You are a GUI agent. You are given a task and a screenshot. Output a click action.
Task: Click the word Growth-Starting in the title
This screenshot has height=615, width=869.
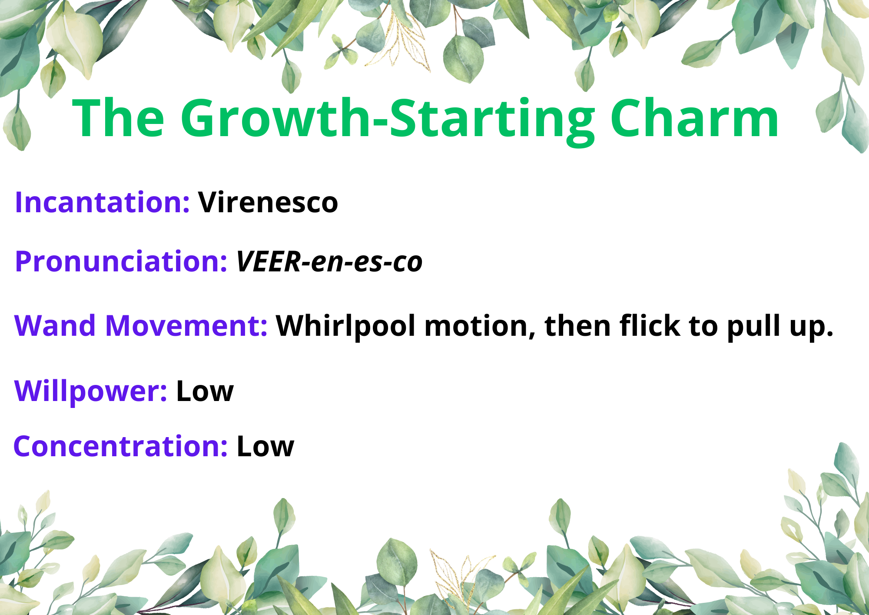click(x=388, y=120)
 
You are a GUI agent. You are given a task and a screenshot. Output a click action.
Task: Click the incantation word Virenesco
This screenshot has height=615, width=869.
click(x=268, y=203)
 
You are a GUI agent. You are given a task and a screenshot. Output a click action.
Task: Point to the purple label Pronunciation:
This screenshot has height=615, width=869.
click(x=121, y=262)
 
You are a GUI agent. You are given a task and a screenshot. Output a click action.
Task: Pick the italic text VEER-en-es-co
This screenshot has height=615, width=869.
click(x=329, y=262)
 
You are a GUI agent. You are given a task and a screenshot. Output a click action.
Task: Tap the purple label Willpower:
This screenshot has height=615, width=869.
click(x=91, y=391)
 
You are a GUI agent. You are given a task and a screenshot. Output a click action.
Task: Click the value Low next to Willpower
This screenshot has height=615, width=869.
click(x=205, y=391)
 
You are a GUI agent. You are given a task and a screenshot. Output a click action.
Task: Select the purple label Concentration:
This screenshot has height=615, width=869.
click(x=121, y=446)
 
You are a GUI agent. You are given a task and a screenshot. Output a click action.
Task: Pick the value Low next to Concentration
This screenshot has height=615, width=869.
click(x=265, y=446)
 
